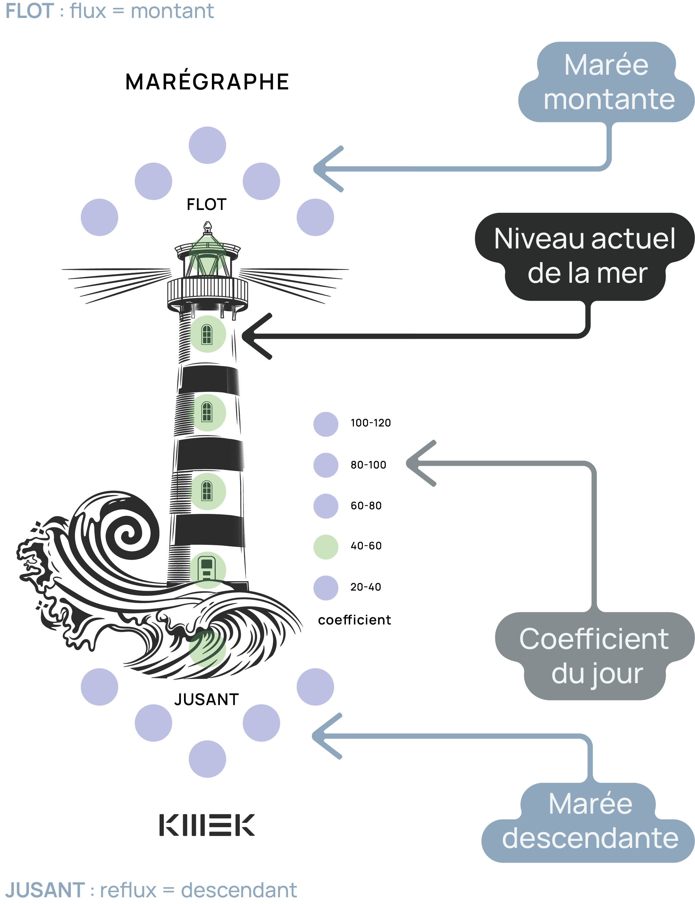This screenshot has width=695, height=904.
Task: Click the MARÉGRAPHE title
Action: (x=207, y=81)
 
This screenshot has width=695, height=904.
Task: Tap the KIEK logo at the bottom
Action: (x=207, y=825)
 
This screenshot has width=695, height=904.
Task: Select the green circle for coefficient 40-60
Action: (x=326, y=547)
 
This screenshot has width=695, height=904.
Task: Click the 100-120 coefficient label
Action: (x=370, y=423)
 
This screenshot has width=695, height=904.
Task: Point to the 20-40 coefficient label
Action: (x=366, y=587)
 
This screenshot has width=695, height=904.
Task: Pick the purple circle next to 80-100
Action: (x=326, y=465)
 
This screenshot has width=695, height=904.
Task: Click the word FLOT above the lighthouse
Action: (x=206, y=205)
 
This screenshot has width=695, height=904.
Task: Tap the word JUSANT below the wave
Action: (x=206, y=699)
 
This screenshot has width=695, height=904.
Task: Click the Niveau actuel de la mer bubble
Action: (x=584, y=256)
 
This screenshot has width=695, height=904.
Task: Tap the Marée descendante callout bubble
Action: (x=589, y=821)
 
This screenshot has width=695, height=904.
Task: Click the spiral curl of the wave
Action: (x=127, y=534)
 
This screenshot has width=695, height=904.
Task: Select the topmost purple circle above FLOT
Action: (x=207, y=145)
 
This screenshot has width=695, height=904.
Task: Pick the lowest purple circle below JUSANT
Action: (x=207, y=759)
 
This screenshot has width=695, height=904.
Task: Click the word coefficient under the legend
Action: (x=354, y=620)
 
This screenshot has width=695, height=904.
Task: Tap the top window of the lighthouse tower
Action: (x=207, y=334)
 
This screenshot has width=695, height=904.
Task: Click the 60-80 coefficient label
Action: (x=366, y=506)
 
